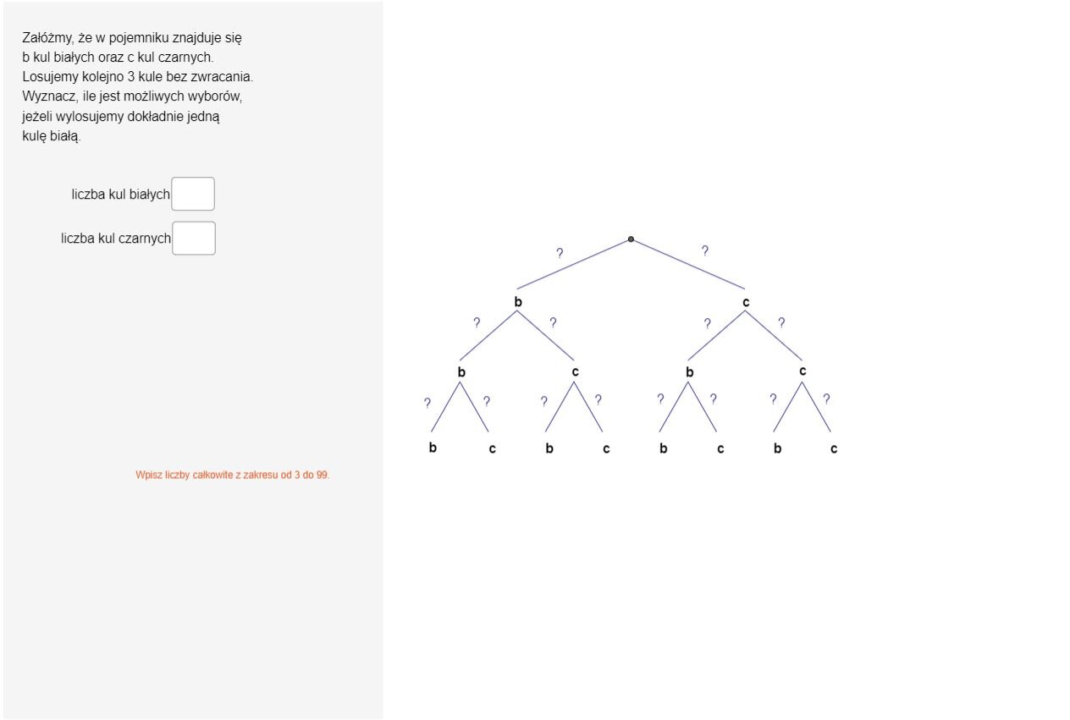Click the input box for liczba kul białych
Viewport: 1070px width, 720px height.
coord(193,194)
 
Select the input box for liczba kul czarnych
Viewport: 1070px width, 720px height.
coord(194,239)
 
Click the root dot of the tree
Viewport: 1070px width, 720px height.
coord(631,239)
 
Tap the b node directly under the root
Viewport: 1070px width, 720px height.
coord(518,302)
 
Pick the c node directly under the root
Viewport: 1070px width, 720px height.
coord(746,302)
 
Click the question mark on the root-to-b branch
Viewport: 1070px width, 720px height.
coord(560,253)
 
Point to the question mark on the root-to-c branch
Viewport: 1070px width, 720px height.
coord(705,250)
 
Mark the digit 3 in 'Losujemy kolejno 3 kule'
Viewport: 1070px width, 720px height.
coord(131,76)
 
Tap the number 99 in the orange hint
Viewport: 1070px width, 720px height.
coord(322,475)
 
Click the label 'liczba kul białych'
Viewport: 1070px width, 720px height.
coord(121,195)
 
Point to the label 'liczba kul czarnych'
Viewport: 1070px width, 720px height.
coord(116,239)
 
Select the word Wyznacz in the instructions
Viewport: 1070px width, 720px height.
coord(50,96)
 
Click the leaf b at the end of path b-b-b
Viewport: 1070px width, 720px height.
coord(433,448)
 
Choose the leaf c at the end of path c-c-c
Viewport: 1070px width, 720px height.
coord(834,448)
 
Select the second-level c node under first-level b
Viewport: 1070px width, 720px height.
coord(575,372)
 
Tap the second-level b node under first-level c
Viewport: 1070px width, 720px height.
coord(690,372)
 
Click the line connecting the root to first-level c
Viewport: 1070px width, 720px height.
coord(688,264)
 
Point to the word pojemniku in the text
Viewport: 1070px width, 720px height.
coord(139,38)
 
